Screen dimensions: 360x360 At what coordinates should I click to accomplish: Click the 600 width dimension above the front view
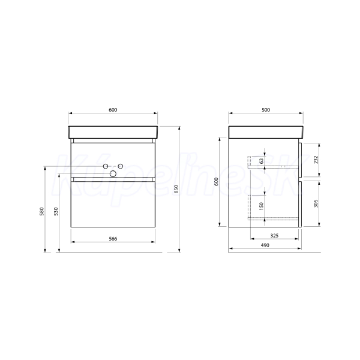tap(113, 110)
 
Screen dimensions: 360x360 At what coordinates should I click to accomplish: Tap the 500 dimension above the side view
tap(266, 110)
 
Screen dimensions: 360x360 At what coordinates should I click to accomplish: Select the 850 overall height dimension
tap(176, 189)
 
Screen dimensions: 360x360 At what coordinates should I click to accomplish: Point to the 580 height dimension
tap(42, 211)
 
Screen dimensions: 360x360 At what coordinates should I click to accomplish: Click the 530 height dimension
tap(56, 211)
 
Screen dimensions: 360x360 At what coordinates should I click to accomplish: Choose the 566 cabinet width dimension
tap(113, 239)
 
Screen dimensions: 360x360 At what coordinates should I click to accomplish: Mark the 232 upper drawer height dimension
tap(316, 160)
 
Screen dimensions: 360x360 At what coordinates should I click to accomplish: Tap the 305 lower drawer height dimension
tap(316, 203)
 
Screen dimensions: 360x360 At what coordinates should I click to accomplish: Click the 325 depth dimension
tap(274, 236)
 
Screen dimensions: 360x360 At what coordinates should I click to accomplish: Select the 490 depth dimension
tap(265, 245)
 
